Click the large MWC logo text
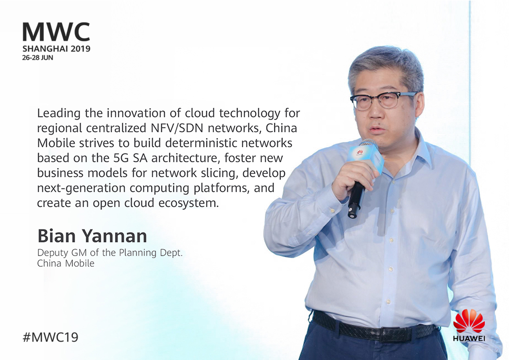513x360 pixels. click(x=56, y=32)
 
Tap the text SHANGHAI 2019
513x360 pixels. click(x=56, y=49)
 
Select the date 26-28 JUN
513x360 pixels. click(x=37, y=58)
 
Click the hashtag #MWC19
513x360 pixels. click(x=51, y=337)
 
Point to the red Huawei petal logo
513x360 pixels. click(x=468, y=321)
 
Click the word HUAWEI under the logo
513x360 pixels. click(x=469, y=339)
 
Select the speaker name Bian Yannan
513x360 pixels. click(x=92, y=236)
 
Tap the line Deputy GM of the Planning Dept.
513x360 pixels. click(x=110, y=253)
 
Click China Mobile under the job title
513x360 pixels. click(x=66, y=263)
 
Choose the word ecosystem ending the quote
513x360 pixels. click(x=188, y=203)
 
